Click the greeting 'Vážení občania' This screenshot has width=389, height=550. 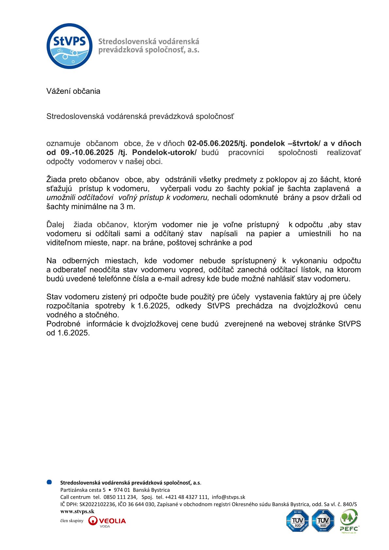[x=73, y=91]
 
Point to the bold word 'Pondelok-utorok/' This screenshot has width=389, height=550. [x=164, y=153]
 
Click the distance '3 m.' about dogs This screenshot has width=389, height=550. [x=127, y=207]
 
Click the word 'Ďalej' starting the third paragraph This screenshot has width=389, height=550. [x=55, y=225]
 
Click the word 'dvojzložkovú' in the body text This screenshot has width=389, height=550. [x=315, y=306]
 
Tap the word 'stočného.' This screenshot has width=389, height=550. [x=102, y=315]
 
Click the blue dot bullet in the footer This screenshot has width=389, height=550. [x=49, y=482]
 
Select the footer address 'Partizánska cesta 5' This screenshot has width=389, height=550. [x=83, y=490]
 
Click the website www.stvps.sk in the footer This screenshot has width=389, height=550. [x=77, y=511]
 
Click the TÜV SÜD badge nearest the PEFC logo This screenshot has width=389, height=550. [x=323, y=521]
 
